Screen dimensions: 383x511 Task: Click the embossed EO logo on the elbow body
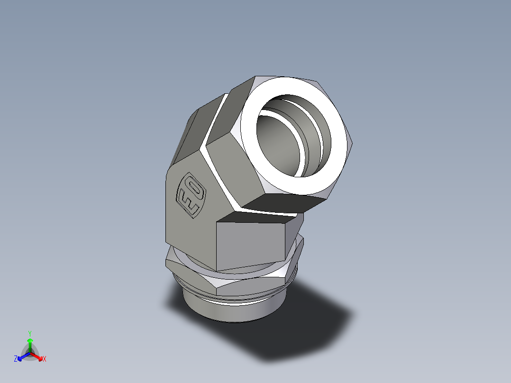191,196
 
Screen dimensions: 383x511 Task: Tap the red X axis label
45,359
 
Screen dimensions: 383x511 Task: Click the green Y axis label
30,333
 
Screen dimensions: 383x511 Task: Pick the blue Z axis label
16,359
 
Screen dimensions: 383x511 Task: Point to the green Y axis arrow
30,343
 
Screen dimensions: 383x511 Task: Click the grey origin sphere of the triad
30,352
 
